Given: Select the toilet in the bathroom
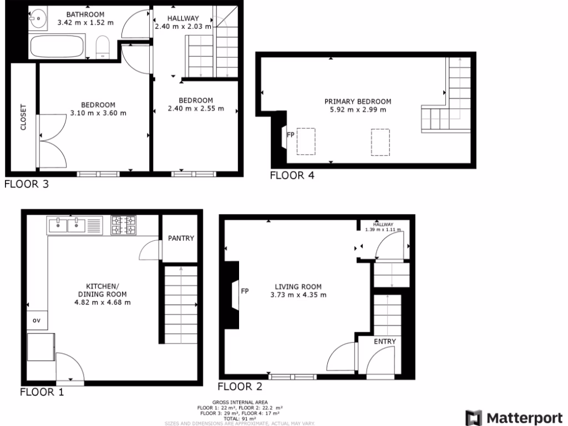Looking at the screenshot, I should click(103, 47).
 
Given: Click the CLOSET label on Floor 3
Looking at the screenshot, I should click(23, 117).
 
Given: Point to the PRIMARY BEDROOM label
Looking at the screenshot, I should click(358, 102).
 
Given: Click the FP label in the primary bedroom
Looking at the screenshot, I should click(290, 134).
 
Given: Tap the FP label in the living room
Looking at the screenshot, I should click(245, 291).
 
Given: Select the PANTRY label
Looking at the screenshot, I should click(181, 239).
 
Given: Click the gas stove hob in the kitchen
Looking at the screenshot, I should click(124, 225).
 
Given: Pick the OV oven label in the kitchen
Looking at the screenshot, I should click(37, 320).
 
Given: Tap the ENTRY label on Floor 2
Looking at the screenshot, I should click(384, 341).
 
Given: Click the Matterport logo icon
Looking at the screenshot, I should click(474, 418).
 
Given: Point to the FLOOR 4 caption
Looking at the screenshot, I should click(292, 176).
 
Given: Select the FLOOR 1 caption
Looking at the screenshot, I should click(42, 392).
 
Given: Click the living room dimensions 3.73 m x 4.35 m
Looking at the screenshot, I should click(298, 295).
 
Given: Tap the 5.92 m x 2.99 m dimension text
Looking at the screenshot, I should click(358, 109).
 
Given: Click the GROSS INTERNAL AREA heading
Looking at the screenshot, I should click(240, 402).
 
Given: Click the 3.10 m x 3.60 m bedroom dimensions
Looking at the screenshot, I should click(99, 113).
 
